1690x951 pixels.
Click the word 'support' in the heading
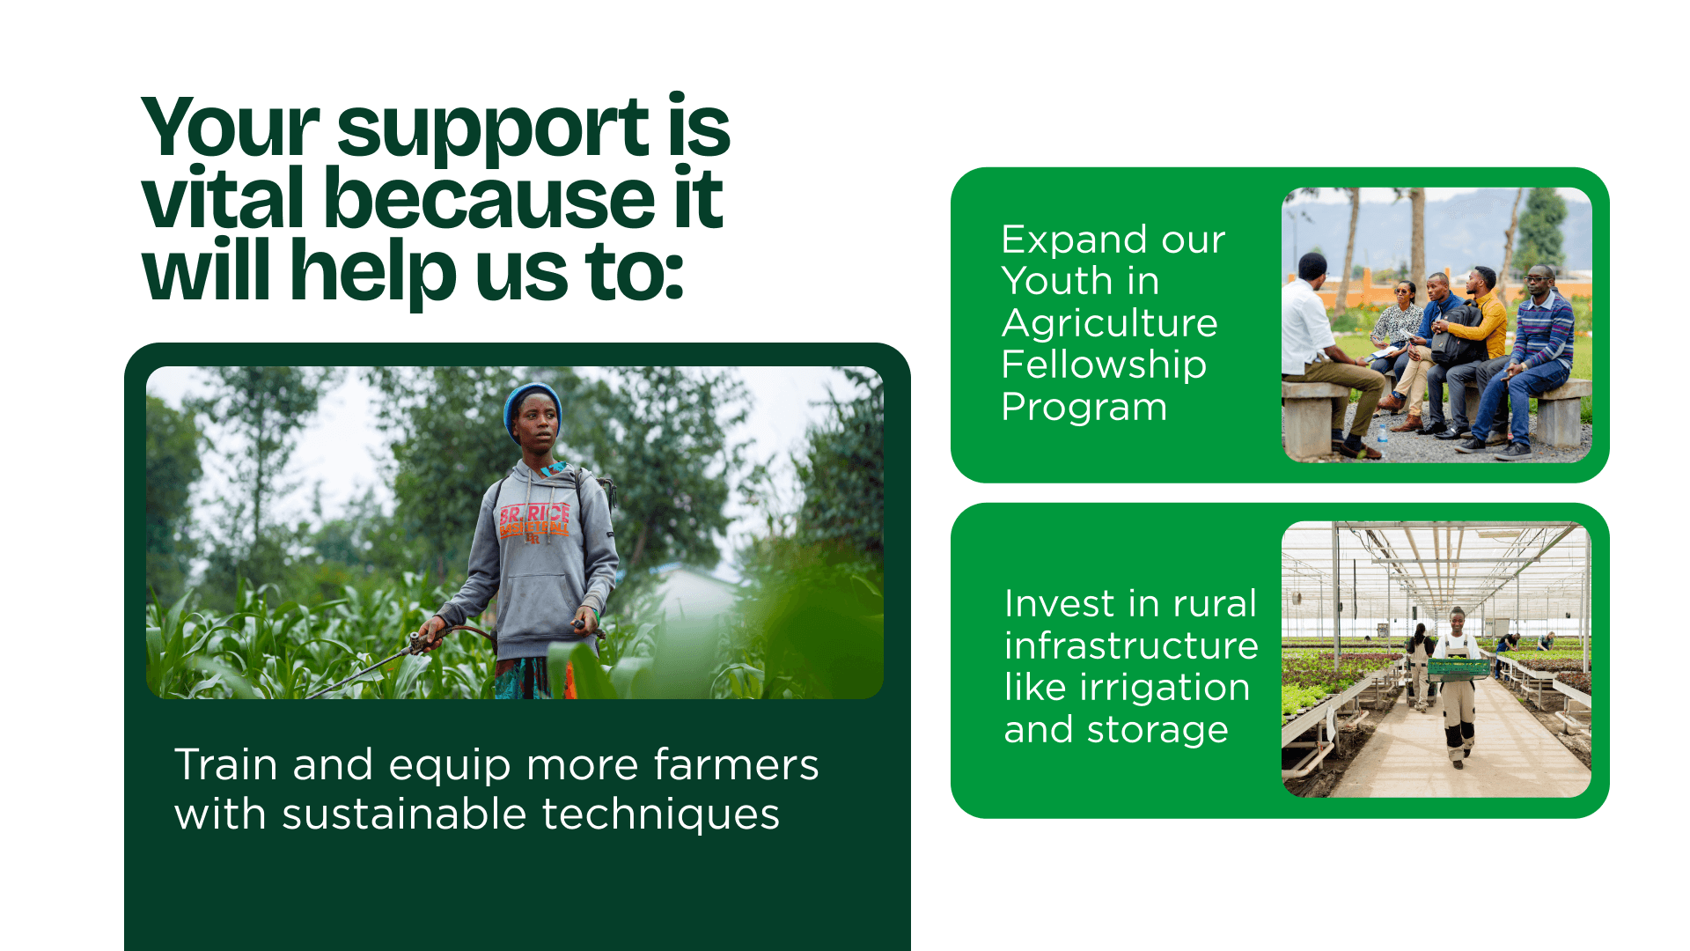click(x=494, y=129)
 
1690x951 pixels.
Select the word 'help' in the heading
click(x=373, y=271)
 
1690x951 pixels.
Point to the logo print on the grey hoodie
click(x=534, y=521)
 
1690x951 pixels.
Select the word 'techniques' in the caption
click(x=660, y=815)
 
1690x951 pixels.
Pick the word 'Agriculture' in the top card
click(x=1110, y=323)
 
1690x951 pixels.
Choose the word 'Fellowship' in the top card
click(x=1104, y=365)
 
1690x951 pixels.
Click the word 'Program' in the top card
click(x=1084, y=407)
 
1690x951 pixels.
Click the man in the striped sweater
click(x=1527, y=361)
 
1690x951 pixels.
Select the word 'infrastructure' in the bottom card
click(x=1131, y=645)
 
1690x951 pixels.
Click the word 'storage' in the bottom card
click(x=1157, y=730)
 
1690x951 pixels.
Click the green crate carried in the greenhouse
click(x=1459, y=669)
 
